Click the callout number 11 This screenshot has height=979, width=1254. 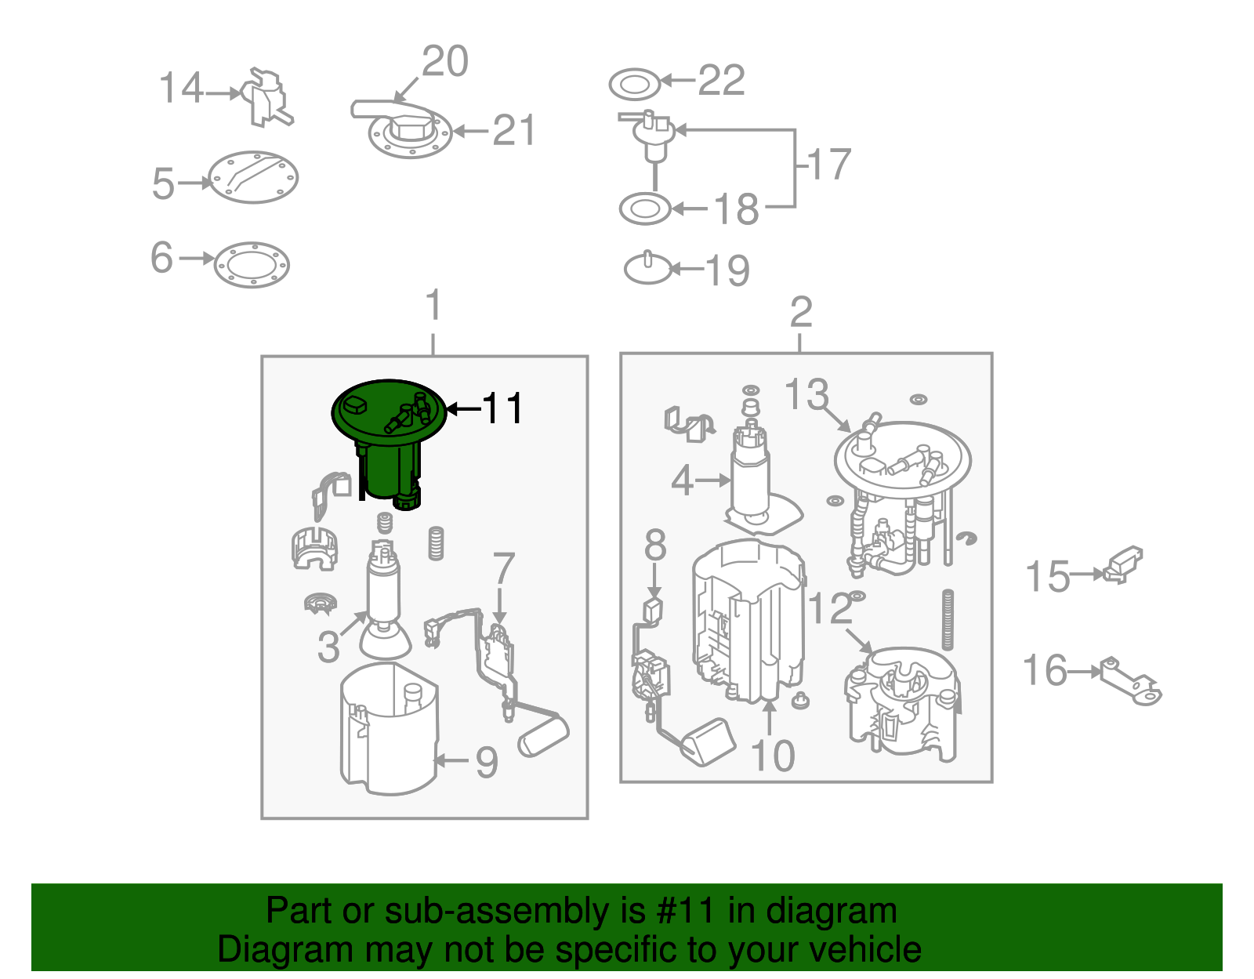(x=502, y=408)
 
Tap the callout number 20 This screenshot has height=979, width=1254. (x=445, y=60)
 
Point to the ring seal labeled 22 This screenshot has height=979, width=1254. (x=634, y=85)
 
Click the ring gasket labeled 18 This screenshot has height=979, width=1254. (x=644, y=208)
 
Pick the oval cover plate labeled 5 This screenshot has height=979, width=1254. (x=253, y=177)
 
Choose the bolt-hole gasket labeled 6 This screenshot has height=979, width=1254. (x=252, y=265)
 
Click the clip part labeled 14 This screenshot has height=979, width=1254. (x=266, y=97)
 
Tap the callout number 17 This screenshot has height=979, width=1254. (x=828, y=164)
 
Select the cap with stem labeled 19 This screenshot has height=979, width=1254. (x=648, y=268)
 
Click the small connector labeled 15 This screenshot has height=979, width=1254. (x=1123, y=565)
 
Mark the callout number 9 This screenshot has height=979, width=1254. (x=487, y=762)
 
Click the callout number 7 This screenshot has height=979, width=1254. (x=503, y=568)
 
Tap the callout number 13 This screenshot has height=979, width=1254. (x=806, y=393)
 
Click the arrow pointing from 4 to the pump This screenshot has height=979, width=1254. (x=713, y=480)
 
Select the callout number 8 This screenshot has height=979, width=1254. (x=655, y=545)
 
